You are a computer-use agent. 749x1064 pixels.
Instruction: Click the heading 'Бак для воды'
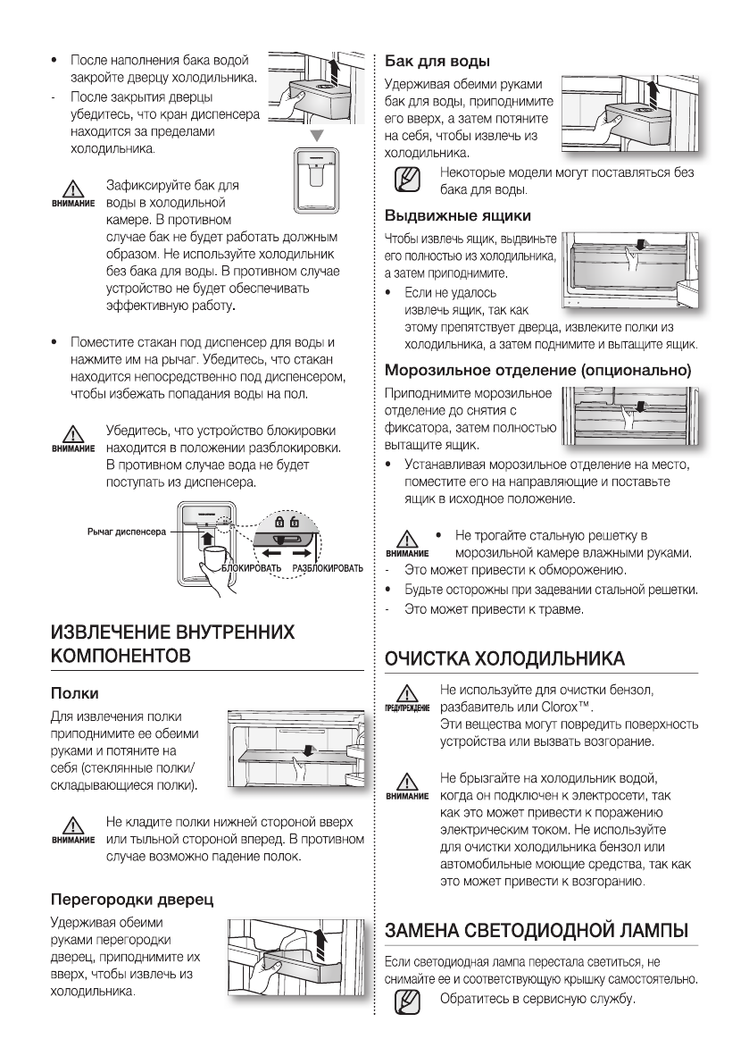[x=437, y=62]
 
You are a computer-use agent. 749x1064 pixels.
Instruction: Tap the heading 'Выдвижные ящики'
[x=458, y=216]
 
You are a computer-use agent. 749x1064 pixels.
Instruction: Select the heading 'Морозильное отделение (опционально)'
[x=538, y=369]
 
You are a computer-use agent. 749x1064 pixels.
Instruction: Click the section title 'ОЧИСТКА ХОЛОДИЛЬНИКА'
[x=503, y=658]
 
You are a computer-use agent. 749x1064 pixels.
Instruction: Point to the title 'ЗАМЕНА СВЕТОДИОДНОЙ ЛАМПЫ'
[x=536, y=930]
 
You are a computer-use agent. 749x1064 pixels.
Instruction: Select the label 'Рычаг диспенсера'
[x=126, y=532]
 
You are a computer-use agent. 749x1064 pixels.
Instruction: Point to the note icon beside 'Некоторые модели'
[x=406, y=178]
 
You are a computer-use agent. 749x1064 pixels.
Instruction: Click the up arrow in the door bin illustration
[x=321, y=941]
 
